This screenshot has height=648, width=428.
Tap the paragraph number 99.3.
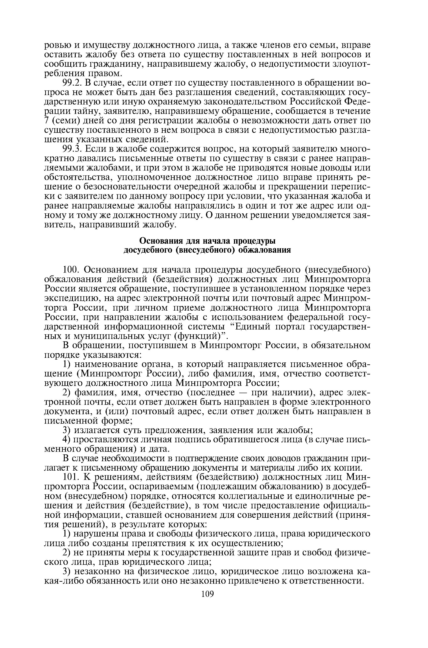tap(72, 149)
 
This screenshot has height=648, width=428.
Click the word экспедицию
tap(72, 298)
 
